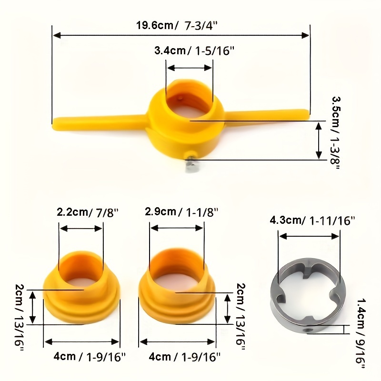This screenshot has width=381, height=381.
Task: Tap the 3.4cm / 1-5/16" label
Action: point(195,51)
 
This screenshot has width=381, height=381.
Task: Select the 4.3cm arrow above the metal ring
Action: point(310,236)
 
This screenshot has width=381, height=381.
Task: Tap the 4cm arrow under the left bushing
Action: point(81,341)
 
